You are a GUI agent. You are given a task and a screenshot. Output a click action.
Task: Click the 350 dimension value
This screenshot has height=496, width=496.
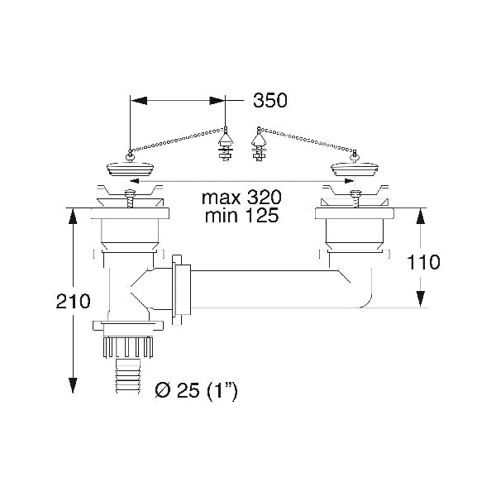270,101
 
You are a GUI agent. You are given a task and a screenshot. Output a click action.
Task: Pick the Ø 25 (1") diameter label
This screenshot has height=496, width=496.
197,389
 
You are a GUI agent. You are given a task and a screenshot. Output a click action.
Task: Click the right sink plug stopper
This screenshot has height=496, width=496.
353,170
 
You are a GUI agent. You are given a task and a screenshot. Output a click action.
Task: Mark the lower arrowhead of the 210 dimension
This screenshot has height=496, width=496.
72,387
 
